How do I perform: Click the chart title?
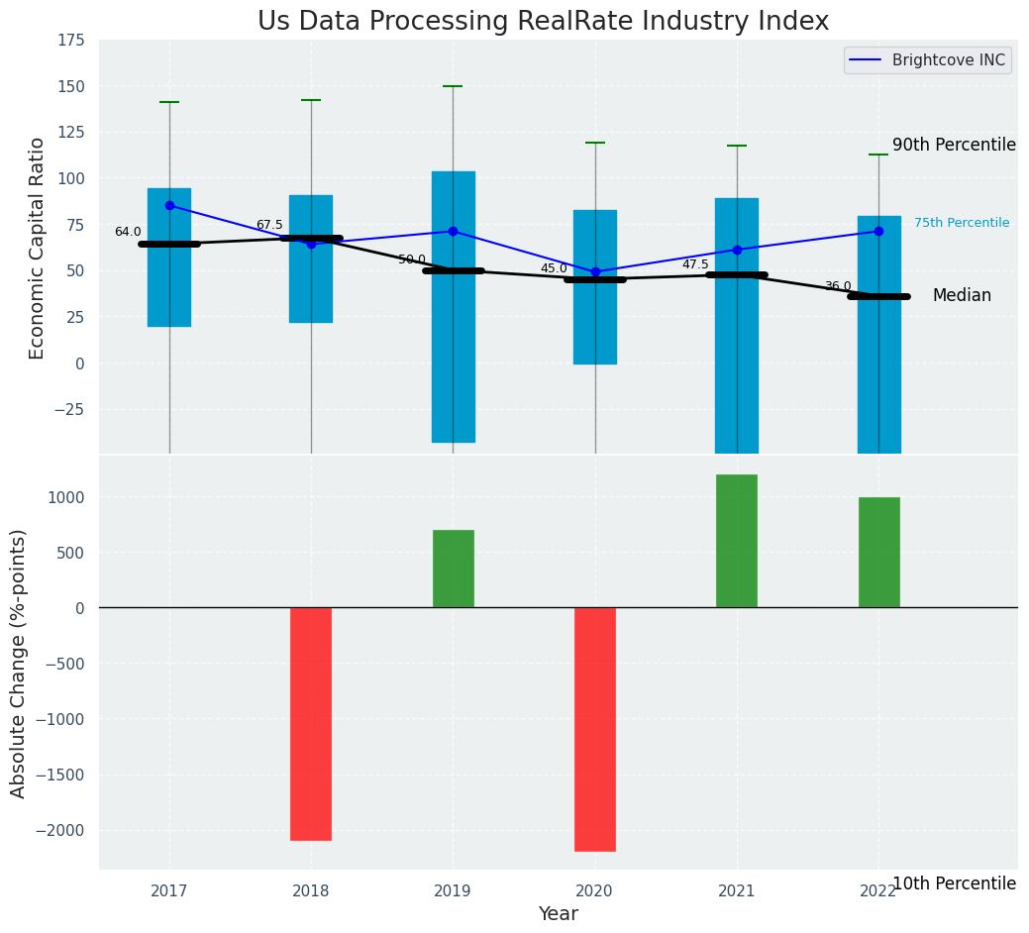click(x=543, y=22)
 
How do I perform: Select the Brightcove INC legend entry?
click(x=926, y=60)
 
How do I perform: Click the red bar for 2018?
click(x=311, y=723)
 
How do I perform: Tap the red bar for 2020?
click(x=595, y=729)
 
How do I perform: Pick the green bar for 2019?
click(x=454, y=569)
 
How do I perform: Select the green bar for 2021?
click(x=737, y=541)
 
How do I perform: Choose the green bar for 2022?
click(x=878, y=553)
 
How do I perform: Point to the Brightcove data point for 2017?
click(x=169, y=205)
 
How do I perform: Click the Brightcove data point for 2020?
click(x=595, y=271)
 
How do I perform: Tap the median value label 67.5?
click(x=269, y=226)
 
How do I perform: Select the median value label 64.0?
click(x=128, y=233)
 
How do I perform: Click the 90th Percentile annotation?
click(x=954, y=146)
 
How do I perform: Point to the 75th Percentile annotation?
click(x=961, y=224)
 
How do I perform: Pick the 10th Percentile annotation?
click(x=954, y=883)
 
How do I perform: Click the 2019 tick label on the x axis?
click(x=454, y=891)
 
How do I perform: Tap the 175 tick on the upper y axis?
click(x=69, y=41)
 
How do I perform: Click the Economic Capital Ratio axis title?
click(x=38, y=248)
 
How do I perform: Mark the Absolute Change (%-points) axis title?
click(x=19, y=663)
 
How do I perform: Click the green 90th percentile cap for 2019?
click(x=454, y=86)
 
